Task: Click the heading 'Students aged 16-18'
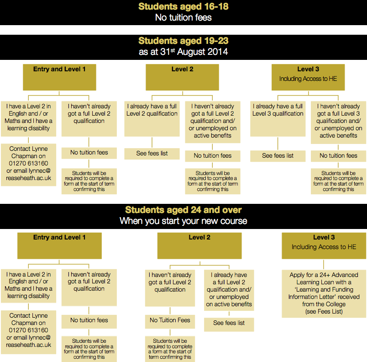183,7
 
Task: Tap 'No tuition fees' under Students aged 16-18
183,18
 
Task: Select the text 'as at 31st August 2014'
183,52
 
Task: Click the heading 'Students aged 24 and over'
183,210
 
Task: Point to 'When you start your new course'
183,221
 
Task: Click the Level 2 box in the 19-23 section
182,77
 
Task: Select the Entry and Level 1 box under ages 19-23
59,77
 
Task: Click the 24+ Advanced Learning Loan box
324,293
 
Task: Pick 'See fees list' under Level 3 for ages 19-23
278,155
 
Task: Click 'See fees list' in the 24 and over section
229,323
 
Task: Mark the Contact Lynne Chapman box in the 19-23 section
28,163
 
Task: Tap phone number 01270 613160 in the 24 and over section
28,330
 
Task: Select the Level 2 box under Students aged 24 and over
199,245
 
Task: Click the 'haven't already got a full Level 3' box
338,121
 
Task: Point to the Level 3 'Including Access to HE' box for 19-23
308,77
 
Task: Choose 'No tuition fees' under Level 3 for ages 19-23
338,155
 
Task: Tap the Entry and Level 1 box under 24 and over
59,245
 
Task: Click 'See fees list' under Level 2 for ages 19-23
152,153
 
